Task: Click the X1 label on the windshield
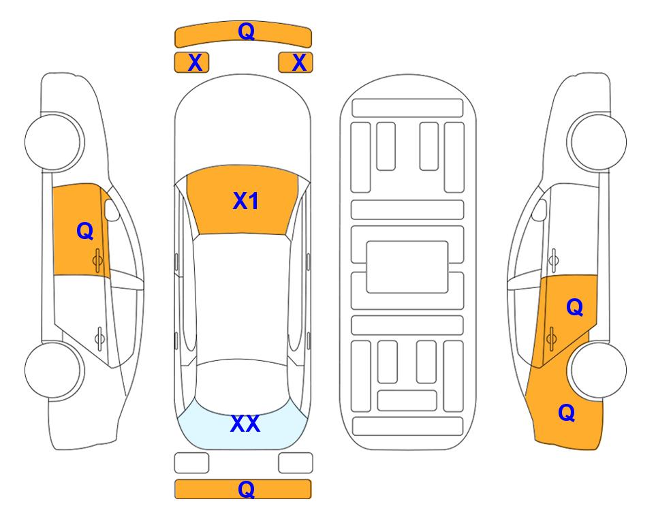click(x=246, y=201)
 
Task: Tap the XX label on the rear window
click(x=245, y=424)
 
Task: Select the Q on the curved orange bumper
click(x=246, y=31)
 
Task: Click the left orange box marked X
click(x=191, y=63)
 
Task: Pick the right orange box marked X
click(x=296, y=63)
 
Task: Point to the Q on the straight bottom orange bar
click(x=246, y=489)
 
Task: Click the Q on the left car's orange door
click(x=85, y=231)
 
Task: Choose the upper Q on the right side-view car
click(x=574, y=307)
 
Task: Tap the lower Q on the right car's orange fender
click(x=567, y=413)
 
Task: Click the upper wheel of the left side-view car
click(x=54, y=142)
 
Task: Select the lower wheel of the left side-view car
click(x=54, y=370)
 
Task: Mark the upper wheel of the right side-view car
click(x=597, y=142)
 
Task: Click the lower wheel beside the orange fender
click(x=597, y=370)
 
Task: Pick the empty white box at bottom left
click(x=191, y=463)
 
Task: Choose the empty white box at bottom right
click(x=296, y=463)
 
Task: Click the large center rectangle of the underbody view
click(x=407, y=267)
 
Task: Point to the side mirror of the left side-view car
click(x=112, y=210)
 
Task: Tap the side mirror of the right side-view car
click(x=540, y=210)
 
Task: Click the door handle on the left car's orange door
click(x=97, y=260)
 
